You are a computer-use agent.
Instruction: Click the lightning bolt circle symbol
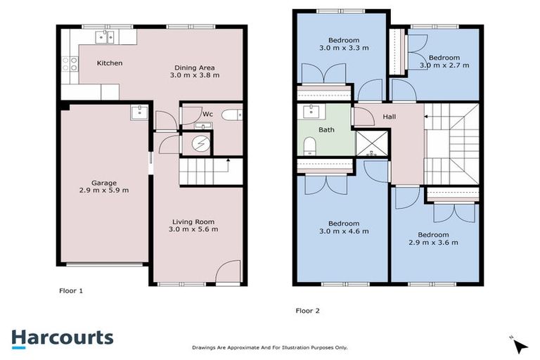pyautogui.click(x=200, y=143)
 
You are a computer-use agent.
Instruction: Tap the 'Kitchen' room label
pyautogui.click(x=110, y=63)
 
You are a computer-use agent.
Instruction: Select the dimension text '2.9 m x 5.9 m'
pyautogui.click(x=104, y=190)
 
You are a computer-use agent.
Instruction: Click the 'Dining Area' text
pyautogui.click(x=197, y=67)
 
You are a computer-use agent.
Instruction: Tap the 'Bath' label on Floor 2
pyautogui.click(x=326, y=129)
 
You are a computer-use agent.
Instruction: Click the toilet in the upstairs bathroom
pyautogui.click(x=309, y=146)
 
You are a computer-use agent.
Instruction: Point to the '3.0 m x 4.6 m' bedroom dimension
pyautogui.click(x=345, y=231)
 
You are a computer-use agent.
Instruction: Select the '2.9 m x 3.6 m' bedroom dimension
pyautogui.click(x=434, y=243)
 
